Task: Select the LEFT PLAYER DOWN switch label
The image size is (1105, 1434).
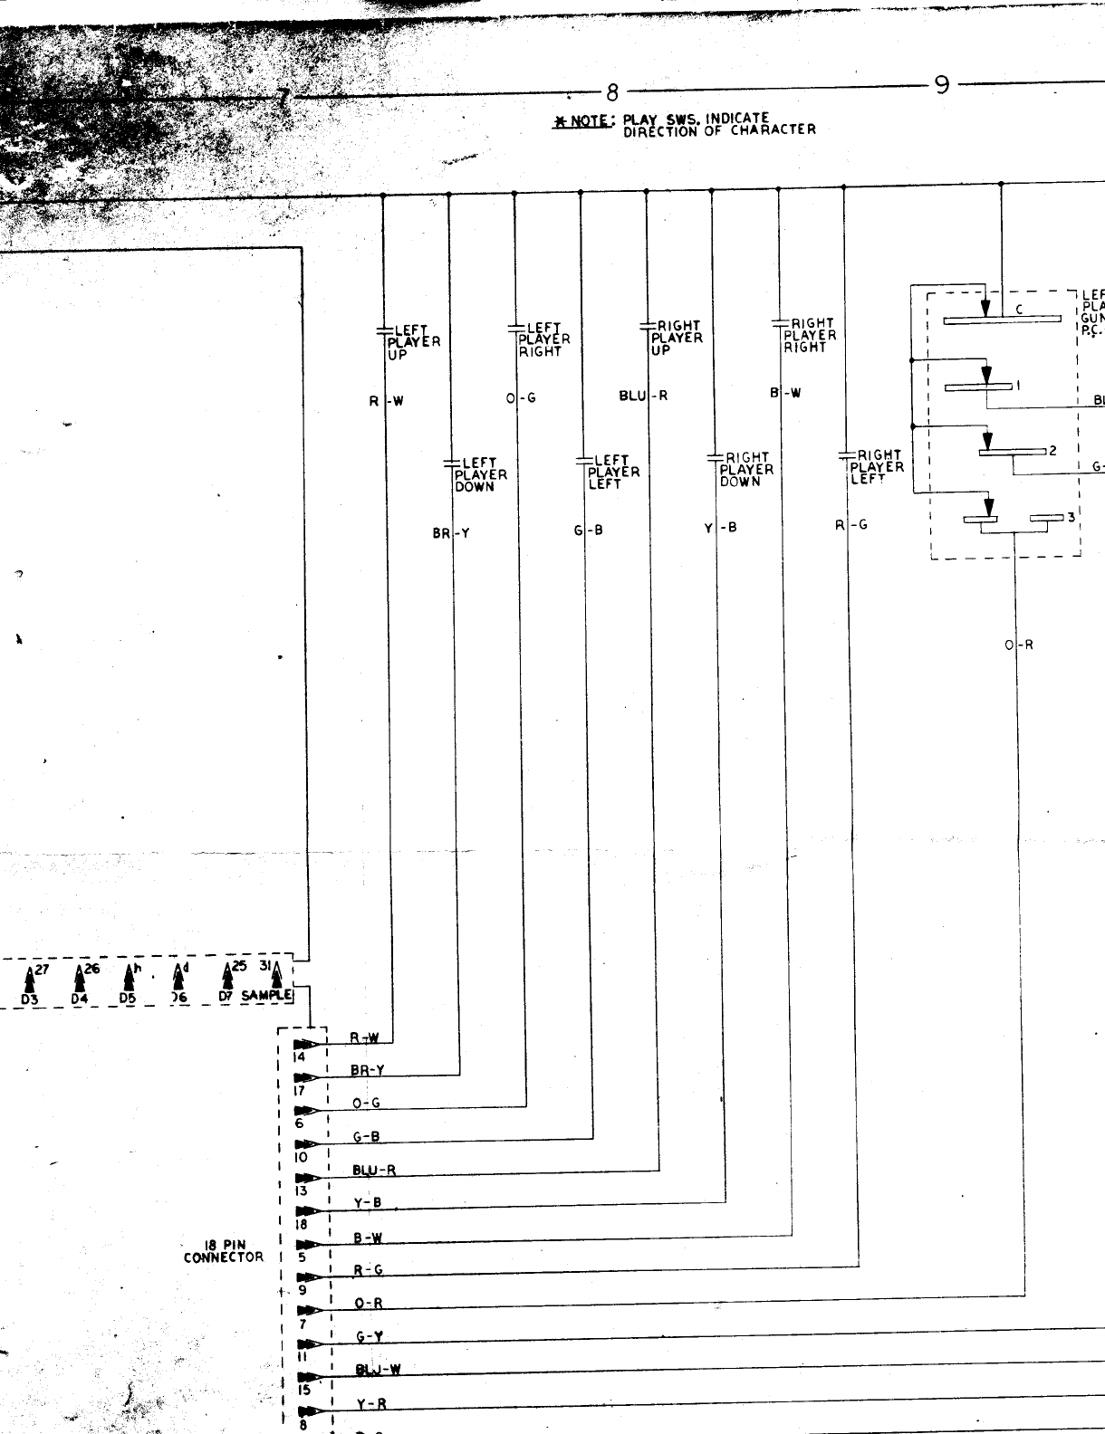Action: (480, 474)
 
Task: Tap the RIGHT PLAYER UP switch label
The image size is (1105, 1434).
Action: (677, 338)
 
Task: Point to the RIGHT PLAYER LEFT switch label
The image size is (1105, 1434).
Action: (877, 467)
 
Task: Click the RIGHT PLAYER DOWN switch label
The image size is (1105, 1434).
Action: (746, 469)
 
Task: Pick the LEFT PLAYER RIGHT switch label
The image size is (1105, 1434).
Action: (544, 339)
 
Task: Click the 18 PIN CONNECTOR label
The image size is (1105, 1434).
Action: (223, 1251)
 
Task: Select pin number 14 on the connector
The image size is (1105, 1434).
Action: (300, 1056)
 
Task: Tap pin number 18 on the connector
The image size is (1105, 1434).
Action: (301, 1224)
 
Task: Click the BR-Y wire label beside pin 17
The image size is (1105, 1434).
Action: (368, 1070)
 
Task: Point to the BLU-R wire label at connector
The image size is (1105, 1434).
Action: (374, 1170)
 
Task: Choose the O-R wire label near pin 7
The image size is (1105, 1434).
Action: (368, 1304)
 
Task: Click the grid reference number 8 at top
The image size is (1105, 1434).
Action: (611, 92)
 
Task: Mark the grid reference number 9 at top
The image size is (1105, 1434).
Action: (942, 86)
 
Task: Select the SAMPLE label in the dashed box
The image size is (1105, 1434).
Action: (266, 996)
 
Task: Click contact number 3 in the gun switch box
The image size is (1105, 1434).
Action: (1071, 517)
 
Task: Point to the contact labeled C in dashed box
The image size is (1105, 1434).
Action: (1018, 310)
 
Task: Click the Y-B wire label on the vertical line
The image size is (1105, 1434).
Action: (721, 527)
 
